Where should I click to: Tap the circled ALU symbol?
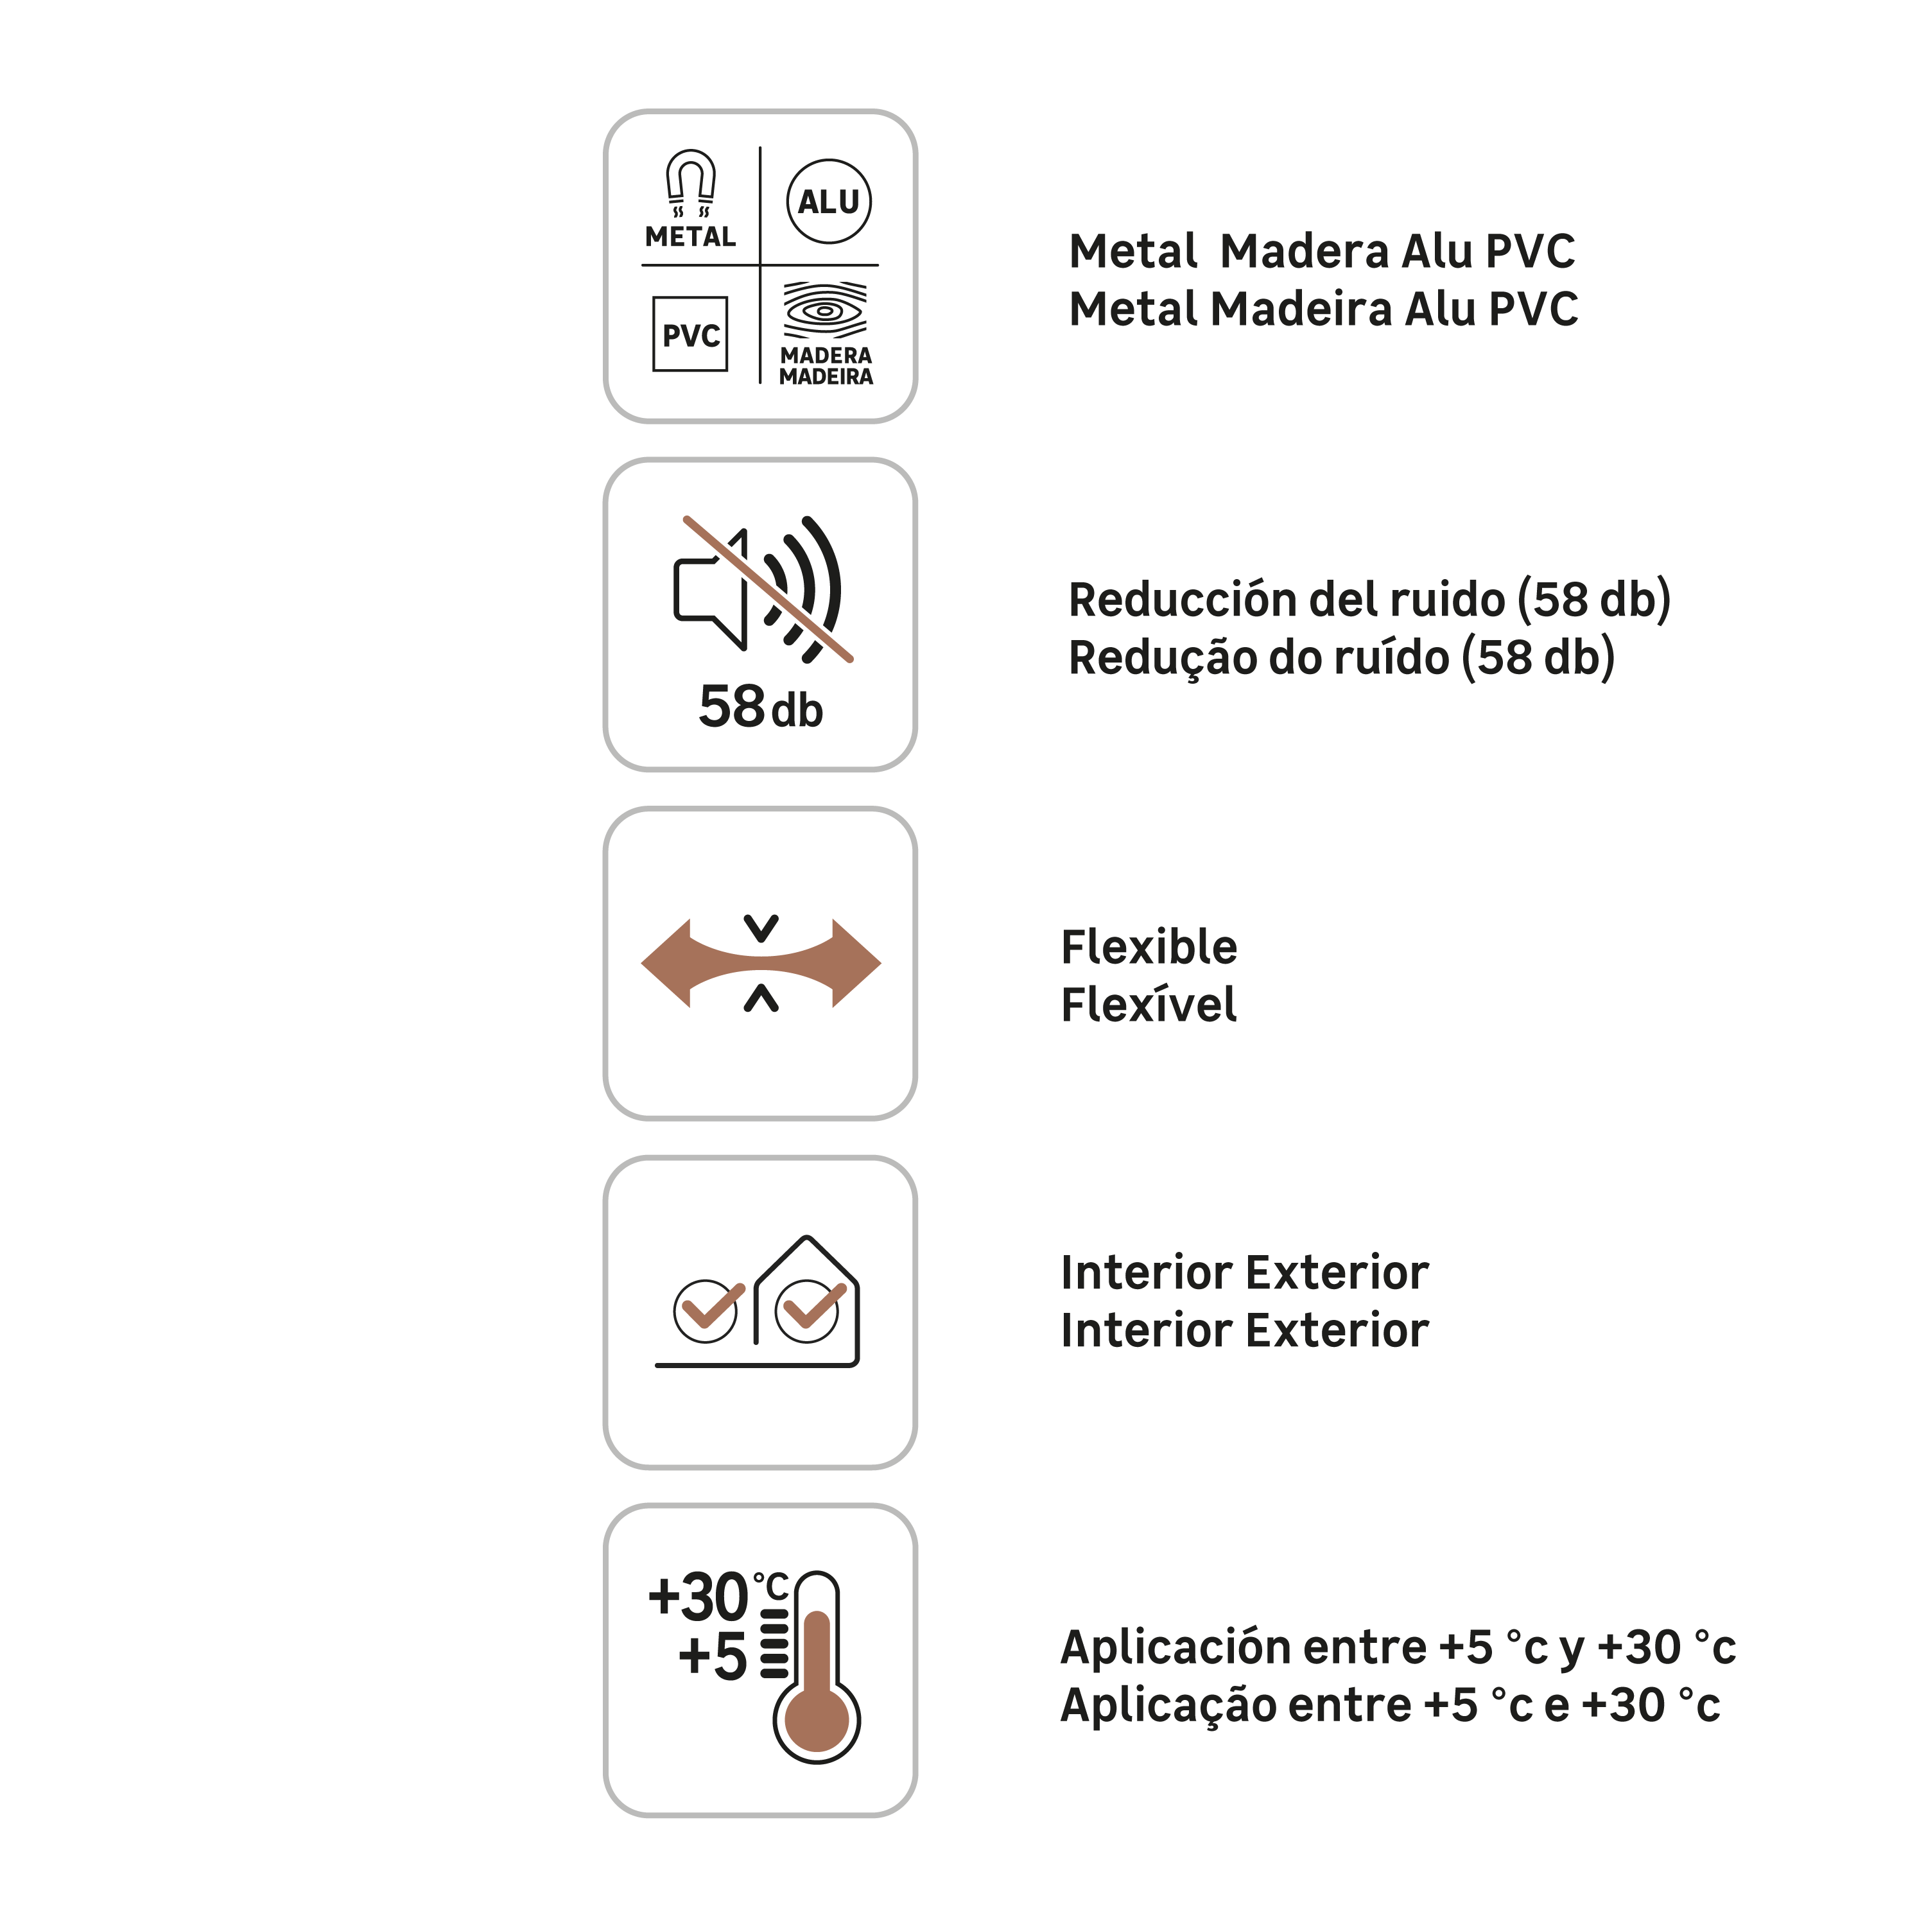pos(828,202)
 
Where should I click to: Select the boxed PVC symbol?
pos(690,334)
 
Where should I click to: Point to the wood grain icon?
pos(824,310)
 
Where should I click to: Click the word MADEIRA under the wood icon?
pos(826,377)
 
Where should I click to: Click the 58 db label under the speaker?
pos(761,707)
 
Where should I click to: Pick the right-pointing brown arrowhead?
pos(856,963)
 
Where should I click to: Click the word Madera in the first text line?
pos(1305,251)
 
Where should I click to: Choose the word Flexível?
pos(1149,1005)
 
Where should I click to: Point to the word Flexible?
pos(1149,947)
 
